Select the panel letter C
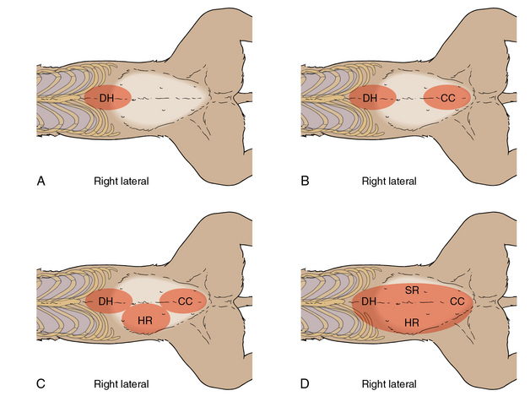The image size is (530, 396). (x=40, y=383)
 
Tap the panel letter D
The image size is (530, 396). (x=306, y=383)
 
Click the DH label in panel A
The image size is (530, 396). (x=106, y=99)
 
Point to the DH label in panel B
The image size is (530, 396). (x=370, y=99)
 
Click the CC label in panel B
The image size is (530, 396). (x=447, y=99)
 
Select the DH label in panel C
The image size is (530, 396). (x=106, y=301)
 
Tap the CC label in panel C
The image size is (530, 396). (x=186, y=301)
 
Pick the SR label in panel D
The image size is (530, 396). (x=413, y=290)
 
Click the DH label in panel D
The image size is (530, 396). (x=370, y=301)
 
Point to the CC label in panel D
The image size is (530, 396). (x=457, y=301)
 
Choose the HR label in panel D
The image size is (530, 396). (x=413, y=323)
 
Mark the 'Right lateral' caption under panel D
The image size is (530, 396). (x=388, y=384)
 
